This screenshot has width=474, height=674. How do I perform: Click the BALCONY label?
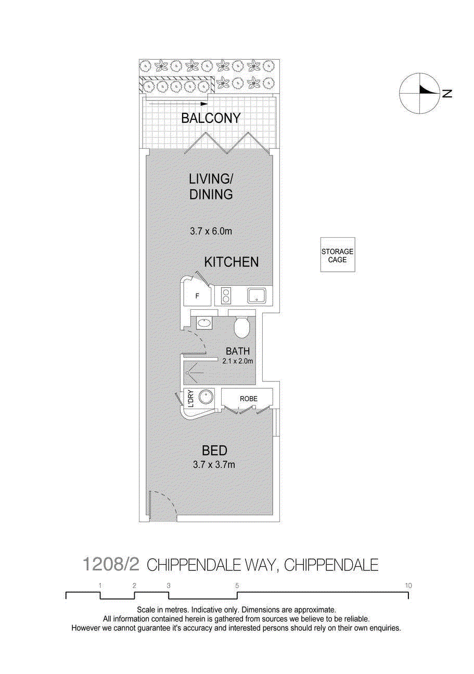click(x=211, y=118)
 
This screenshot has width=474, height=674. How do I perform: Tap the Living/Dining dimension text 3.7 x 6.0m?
click(x=211, y=231)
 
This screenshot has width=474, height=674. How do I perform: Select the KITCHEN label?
click(x=231, y=262)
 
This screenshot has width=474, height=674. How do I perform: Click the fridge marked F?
click(x=197, y=296)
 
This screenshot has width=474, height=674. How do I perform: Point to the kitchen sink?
click(x=257, y=296)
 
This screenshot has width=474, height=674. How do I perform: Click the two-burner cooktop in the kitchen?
click(x=226, y=296)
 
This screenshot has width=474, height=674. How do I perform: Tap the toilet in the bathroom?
click(x=241, y=327)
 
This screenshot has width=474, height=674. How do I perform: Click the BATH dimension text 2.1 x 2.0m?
click(x=237, y=361)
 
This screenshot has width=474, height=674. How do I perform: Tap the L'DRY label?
click(x=190, y=399)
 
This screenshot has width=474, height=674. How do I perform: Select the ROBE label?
click(x=248, y=399)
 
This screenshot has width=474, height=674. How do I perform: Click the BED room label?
click(x=214, y=451)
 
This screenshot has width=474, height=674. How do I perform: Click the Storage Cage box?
click(x=337, y=255)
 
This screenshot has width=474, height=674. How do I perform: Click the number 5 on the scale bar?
click(x=237, y=586)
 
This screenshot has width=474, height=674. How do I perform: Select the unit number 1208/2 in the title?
click(x=111, y=564)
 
